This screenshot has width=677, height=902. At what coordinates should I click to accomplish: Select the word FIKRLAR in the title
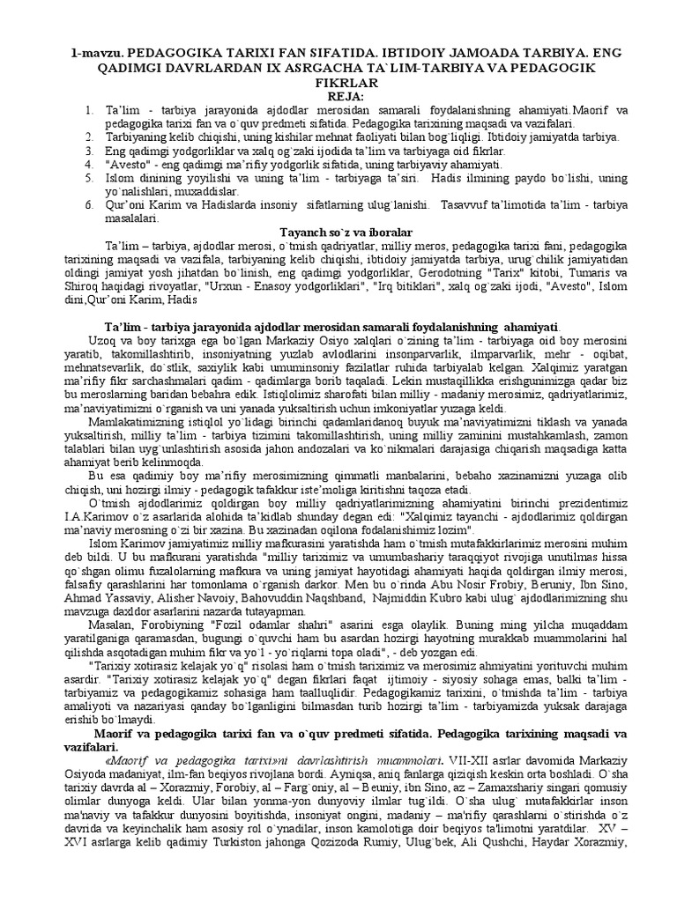[x=338, y=81]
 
